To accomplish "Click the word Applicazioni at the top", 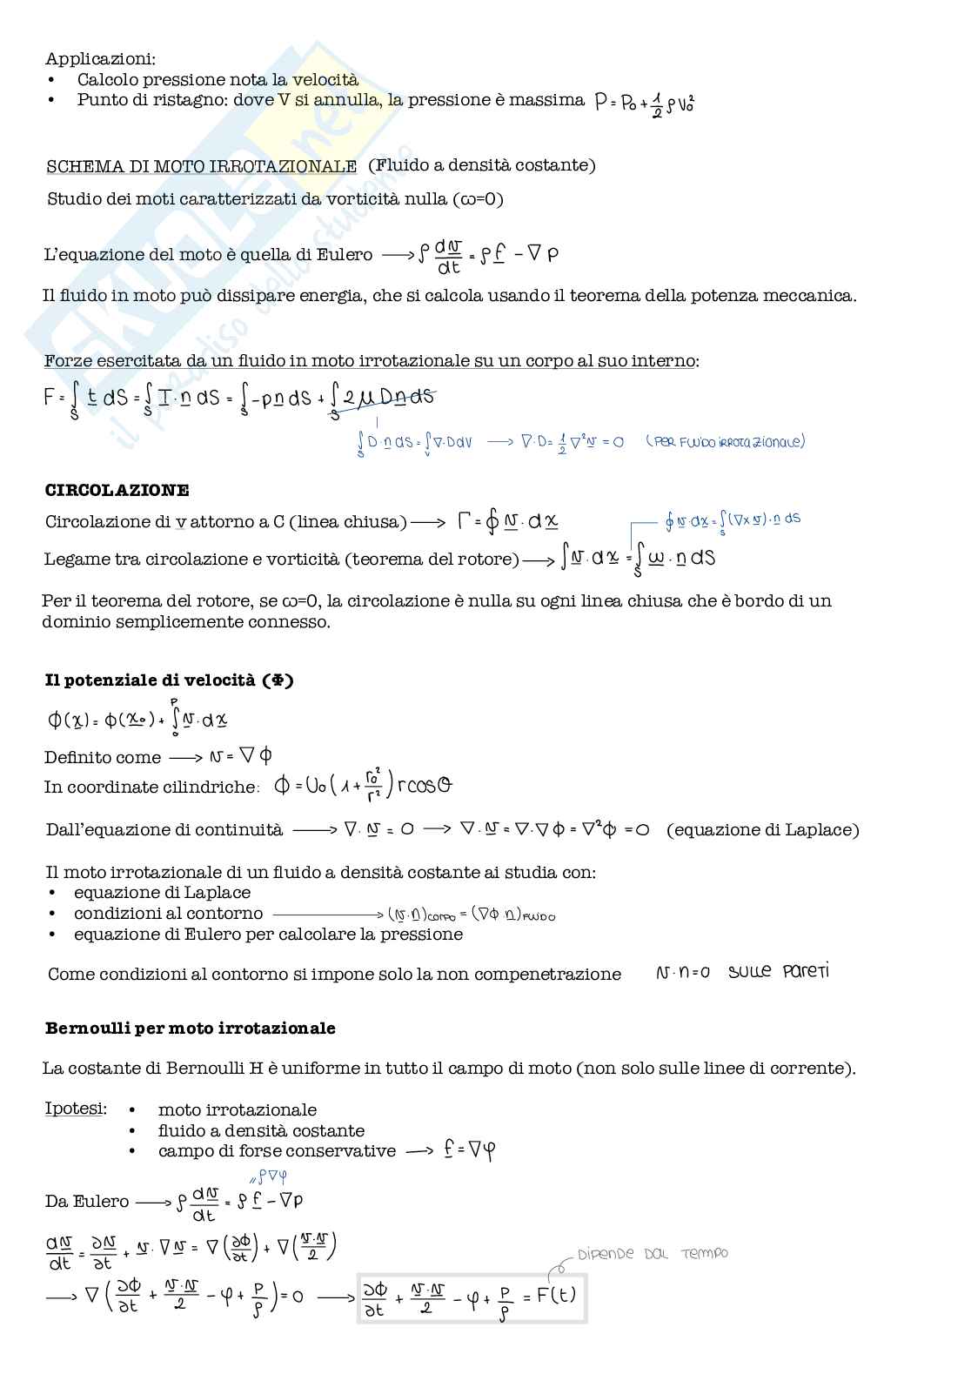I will pyautogui.click(x=100, y=59).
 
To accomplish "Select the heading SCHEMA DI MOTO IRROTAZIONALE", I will pyautogui.click(x=201, y=165).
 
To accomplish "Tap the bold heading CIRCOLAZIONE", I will pyautogui.click(x=117, y=490).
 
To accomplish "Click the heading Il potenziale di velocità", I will pyautogui.click(x=169, y=680).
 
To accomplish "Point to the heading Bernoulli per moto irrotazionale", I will pyautogui.click(x=190, y=1028).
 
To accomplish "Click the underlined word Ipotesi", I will pyautogui.click(x=76, y=1109).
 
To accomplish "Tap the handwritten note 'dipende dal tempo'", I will pyautogui.click(x=653, y=1254).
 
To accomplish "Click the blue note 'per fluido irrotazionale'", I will pyautogui.click(x=726, y=441).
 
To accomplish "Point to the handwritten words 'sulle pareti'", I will pyautogui.click(x=779, y=971).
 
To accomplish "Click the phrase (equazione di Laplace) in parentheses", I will pyautogui.click(x=762, y=829).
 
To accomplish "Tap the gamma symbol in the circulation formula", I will pyautogui.click(x=465, y=521).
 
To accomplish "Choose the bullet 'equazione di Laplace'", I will pyautogui.click(x=162, y=892).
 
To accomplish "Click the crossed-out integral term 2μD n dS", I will pyautogui.click(x=382, y=399).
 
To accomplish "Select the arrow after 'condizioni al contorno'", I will pyautogui.click(x=327, y=914).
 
